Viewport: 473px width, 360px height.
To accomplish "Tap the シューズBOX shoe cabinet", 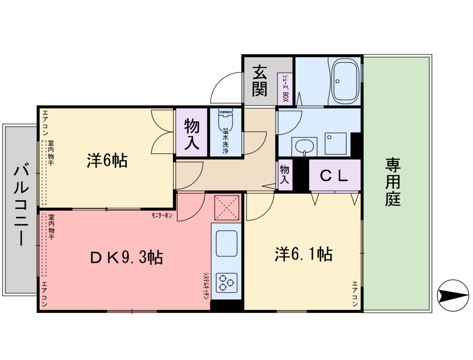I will pos(285,89).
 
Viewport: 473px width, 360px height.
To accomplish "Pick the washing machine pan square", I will pos(335,143).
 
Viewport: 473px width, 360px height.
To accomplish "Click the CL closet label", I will pos(335,176).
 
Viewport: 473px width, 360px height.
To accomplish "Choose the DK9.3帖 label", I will pos(126,257).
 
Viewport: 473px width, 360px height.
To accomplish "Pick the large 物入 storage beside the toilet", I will pos(192,133).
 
